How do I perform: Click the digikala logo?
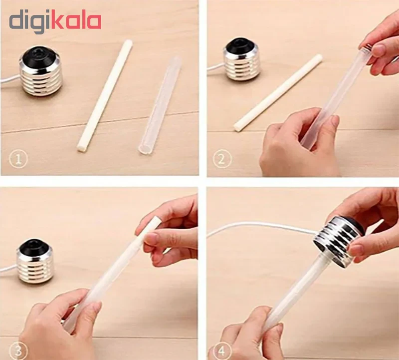55,23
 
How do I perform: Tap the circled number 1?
18,159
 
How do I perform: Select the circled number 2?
221,159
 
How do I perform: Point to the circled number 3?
18,352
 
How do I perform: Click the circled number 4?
221,352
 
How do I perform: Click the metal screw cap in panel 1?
40,71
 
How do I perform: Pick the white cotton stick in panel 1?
105,96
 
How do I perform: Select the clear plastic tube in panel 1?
159,105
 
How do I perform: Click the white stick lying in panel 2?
278,93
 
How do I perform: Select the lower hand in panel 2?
300,143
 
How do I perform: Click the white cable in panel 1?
9,80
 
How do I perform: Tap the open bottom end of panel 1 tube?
144,150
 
